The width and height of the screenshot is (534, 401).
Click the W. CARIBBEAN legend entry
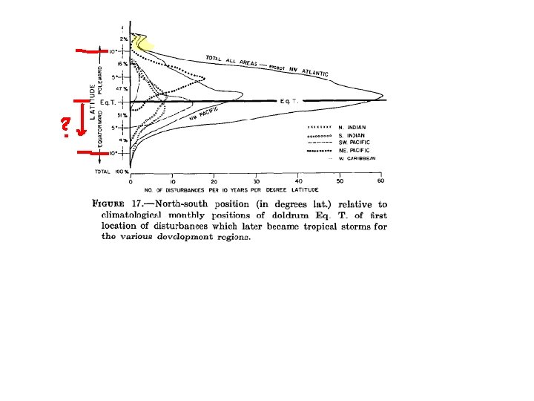357,158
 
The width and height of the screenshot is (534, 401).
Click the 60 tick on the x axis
381,181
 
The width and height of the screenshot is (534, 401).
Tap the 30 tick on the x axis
256,181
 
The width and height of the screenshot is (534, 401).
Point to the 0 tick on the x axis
131,181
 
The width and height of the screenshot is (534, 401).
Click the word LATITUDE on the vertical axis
93,102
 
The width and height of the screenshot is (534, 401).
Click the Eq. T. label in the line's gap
289,100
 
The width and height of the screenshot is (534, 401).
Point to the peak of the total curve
383,96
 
